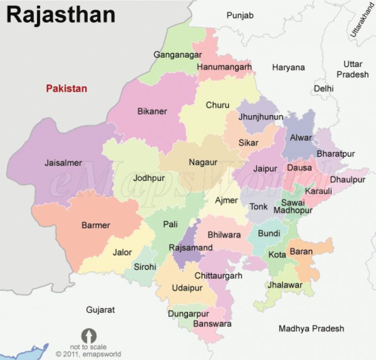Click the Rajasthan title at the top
pos(60,15)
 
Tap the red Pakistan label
pos(67,88)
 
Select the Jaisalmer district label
pos(63,163)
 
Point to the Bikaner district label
pos(152,111)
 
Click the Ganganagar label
pos(177,55)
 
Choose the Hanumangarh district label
pos(224,67)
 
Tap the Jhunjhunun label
pos(260,117)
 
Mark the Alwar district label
pos(301,138)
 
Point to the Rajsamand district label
pos(191,248)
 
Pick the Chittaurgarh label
pos(218,276)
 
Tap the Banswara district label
pos(212,324)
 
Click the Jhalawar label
pos(285,285)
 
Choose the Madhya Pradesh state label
pos(311,328)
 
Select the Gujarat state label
pos(100,310)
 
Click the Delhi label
pos(323,88)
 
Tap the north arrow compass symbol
pos(88,335)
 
